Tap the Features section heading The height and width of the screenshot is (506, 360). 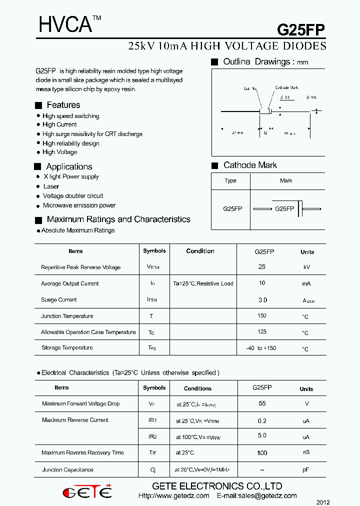pos(63,105)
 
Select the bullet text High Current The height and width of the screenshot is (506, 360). pos(59,124)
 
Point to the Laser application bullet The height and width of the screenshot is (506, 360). pos(51,186)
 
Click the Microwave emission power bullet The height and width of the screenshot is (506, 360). pos(79,205)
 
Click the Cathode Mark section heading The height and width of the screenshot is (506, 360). pos(250,165)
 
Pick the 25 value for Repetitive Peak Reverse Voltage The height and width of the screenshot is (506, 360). pos(262,267)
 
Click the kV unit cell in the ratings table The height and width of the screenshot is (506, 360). pos(307,267)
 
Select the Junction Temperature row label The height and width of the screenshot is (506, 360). pos(67,316)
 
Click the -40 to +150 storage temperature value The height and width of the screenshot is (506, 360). pos(261,348)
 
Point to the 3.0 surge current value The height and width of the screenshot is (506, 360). pos(262,300)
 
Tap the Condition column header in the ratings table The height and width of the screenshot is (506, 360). pos(200,251)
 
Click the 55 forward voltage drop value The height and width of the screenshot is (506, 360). pos(262,403)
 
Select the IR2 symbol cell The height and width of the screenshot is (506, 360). pos(153,436)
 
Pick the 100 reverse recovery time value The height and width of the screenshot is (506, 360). pos(262,453)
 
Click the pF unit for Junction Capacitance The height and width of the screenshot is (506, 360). pos(306,470)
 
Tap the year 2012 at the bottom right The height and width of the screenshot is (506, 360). pos(323,502)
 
